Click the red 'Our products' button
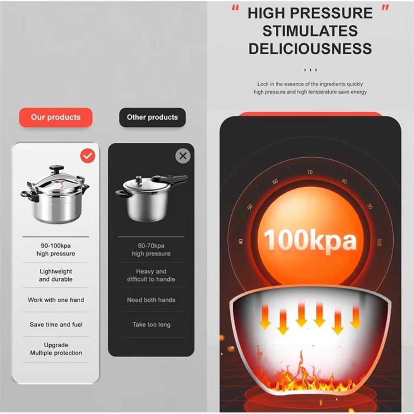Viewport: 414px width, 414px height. [55, 117]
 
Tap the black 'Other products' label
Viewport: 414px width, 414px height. [152, 117]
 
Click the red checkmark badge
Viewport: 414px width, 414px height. [87, 156]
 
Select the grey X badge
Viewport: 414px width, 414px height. [183, 156]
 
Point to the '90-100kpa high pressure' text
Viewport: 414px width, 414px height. [55, 250]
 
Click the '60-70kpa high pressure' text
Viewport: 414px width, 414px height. [151, 250]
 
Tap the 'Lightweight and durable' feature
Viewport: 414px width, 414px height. [55, 275]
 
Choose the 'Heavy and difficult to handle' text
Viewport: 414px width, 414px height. [151, 275]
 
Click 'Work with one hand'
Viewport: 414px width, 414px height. [55, 300]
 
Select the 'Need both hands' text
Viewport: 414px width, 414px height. [151, 300]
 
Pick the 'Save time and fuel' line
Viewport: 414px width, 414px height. [55, 325]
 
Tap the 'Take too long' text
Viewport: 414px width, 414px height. [151, 325]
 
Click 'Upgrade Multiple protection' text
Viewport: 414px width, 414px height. [55, 349]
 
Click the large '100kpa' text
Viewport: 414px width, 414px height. [310, 240]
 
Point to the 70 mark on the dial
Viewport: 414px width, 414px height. [310, 172]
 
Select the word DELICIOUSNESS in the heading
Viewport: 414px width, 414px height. [310, 49]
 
